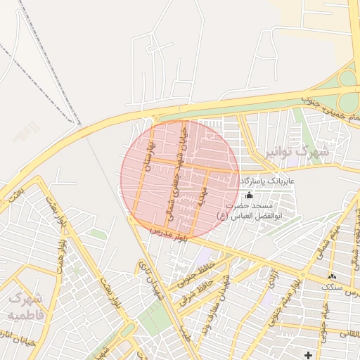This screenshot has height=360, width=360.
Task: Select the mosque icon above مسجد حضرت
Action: point(248,195)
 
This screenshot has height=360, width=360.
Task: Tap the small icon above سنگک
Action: point(331,277)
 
